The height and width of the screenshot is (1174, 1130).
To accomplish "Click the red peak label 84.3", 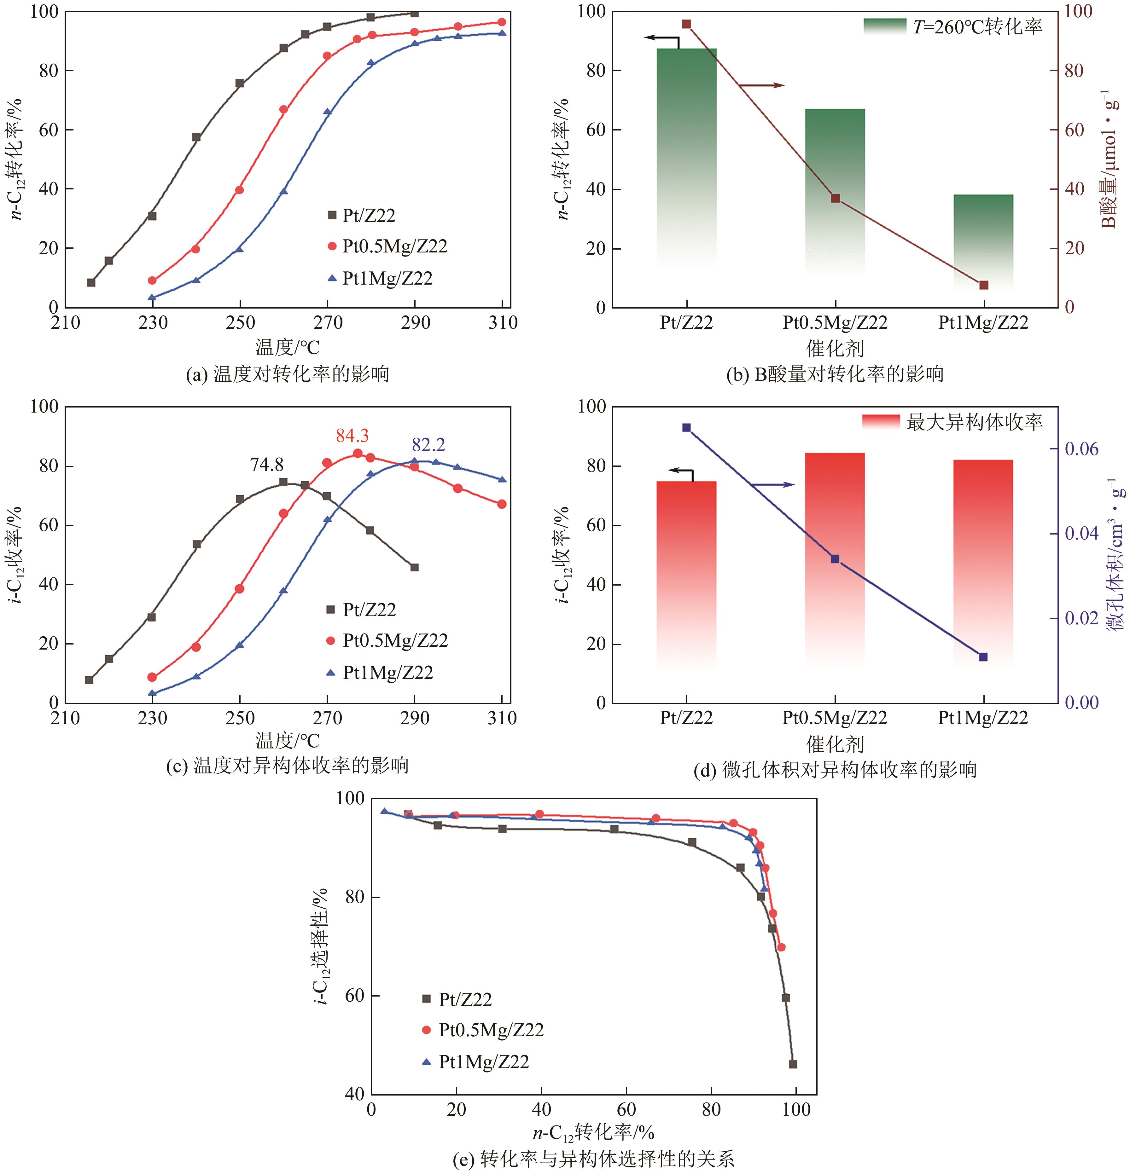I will (352, 436).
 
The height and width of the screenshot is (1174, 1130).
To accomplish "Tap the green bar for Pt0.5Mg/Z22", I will (835, 192).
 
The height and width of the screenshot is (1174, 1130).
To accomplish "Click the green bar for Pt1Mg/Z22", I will (983, 240).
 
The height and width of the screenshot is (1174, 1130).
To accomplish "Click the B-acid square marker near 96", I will (687, 24).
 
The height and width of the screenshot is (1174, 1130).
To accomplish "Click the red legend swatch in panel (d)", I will (881, 422).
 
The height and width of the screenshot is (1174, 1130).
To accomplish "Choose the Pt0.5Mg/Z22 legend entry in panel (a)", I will (394, 246).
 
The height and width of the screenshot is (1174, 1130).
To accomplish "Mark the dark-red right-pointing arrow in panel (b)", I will (761, 86).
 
